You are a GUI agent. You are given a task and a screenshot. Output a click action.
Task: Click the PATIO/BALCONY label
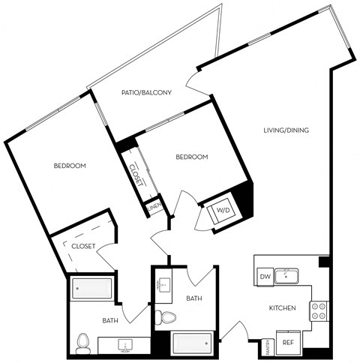147,93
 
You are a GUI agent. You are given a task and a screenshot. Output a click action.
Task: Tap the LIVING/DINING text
285,130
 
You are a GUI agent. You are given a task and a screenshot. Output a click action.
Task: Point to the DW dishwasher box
264,277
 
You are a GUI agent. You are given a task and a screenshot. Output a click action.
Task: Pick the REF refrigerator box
288,343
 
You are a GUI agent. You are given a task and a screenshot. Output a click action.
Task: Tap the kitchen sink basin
287,277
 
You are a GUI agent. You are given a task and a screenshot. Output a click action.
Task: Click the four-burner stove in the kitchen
319,310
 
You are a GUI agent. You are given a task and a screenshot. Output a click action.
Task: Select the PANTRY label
268,347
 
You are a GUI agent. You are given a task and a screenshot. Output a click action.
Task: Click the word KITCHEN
282,308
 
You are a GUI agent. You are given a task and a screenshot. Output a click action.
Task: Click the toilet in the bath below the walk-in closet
82,342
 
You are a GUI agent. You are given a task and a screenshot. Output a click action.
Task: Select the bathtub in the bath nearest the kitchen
193,343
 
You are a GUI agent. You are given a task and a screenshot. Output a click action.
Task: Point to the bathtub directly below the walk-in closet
91,289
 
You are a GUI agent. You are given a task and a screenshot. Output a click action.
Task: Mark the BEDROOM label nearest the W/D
191,157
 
